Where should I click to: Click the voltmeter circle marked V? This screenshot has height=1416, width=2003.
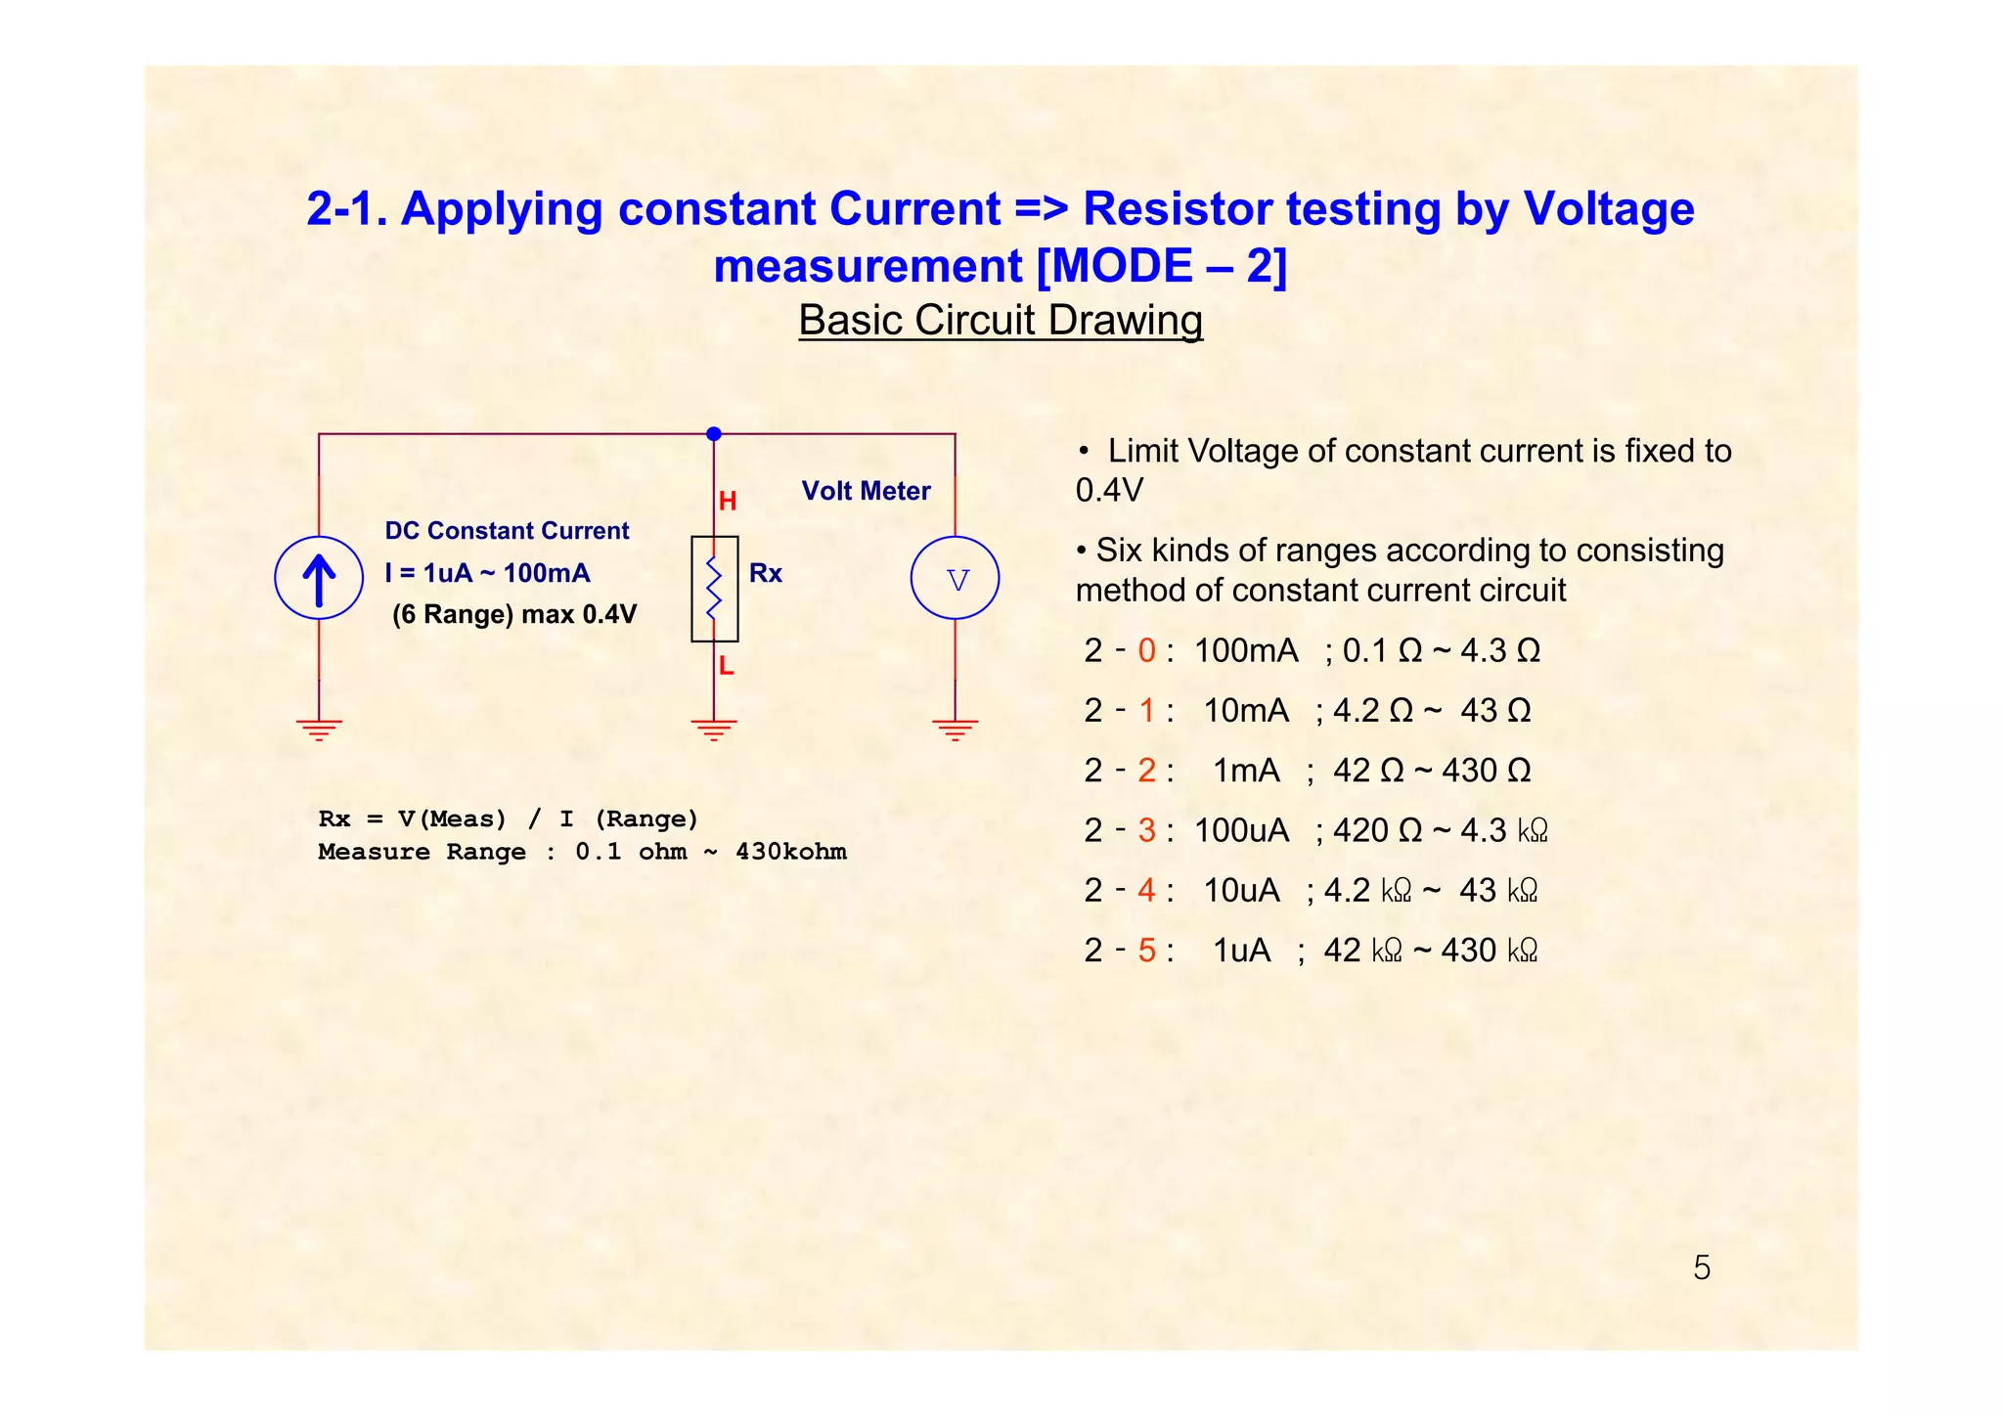pyautogui.click(x=955, y=578)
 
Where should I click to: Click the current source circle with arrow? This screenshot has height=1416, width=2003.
pyautogui.click(x=319, y=578)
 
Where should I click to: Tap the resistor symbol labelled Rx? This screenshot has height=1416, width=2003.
pyautogui.click(x=714, y=589)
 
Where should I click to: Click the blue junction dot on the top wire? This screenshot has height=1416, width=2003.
pyautogui.click(x=714, y=434)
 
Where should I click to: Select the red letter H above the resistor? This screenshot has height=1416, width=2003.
pyautogui.click(x=727, y=502)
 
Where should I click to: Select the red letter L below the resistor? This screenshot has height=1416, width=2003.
pyautogui.click(x=726, y=666)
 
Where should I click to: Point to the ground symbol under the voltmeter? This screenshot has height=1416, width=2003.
pyautogui.click(x=955, y=729)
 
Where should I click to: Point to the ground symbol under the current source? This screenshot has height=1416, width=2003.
pyautogui.click(x=319, y=729)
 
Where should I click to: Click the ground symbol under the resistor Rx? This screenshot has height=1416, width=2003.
pyautogui.click(x=714, y=729)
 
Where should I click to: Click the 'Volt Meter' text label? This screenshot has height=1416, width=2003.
pyautogui.click(x=866, y=491)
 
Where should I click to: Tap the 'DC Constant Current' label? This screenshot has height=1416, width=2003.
pyautogui.click(x=507, y=531)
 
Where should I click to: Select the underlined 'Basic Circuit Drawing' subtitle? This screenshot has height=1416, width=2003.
pyautogui.click(x=1001, y=321)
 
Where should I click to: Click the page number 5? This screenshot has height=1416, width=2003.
pyautogui.click(x=1702, y=1268)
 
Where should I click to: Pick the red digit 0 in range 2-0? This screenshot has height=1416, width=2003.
pyautogui.click(x=1146, y=650)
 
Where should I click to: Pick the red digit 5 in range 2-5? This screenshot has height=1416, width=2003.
pyautogui.click(x=1146, y=951)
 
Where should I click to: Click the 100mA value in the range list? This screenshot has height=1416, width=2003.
pyautogui.click(x=1246, y=650)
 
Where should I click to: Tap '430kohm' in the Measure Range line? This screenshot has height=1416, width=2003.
pyautogui.click(x=790, y=852)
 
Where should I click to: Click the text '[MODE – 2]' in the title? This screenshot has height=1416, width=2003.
pyautogui.click(x=1161, y=266)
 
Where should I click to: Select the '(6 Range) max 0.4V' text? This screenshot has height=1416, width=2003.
pyautogui.click(x=514, y=615)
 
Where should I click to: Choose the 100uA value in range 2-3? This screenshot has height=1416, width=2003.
pyautogui.click(x=1241, y=830)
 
